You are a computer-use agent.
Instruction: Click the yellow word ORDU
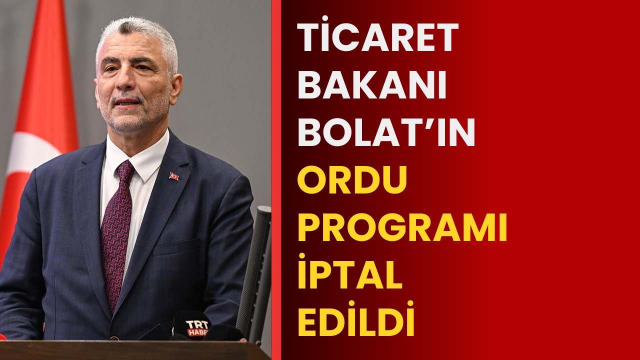pyautogui.click(x=352, y=179)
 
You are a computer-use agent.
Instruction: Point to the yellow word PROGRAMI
pyautogui.click(x=402, y=227)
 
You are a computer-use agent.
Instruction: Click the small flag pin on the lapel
pyautogui.click(x=173, y=176)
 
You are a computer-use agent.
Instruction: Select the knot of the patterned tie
pyautogui.click(x=125, y=170)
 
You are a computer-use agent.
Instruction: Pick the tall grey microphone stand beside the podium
pyautogui.click(x=254, y=274)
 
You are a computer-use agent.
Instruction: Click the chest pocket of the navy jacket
pyautogui.click(x=176, y=247)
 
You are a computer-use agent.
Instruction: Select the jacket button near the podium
pyautogui.click(x=114, y=338)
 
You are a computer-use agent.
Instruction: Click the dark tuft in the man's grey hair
pyautogui.click(x=125, y=28)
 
